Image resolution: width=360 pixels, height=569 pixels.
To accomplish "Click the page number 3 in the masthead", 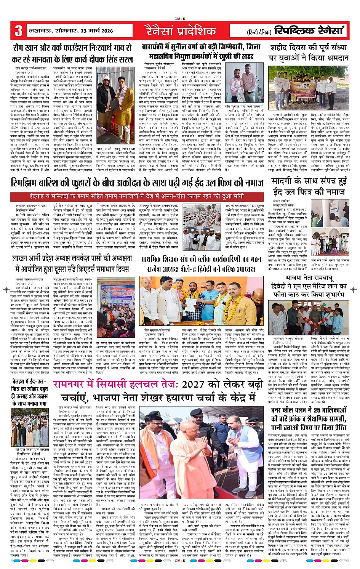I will [x=18, y=31].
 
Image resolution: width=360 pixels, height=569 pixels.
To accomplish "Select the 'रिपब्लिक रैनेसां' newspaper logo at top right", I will [x=309, y=31].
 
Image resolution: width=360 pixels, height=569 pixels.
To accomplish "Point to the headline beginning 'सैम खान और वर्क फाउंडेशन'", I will [x=72, y=53].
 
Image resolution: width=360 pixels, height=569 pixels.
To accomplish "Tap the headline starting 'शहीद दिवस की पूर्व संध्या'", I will [x=309, y=53].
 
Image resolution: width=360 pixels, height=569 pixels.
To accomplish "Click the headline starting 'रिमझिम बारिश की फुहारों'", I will [x=137, y=184].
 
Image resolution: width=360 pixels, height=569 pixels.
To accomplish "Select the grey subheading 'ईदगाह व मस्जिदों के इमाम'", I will [x=137, y=197].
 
